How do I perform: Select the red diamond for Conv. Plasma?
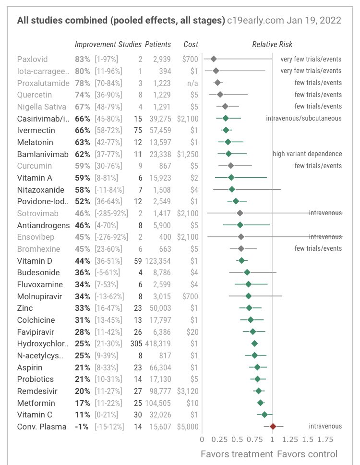[273, 426]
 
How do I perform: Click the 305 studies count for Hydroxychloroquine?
[136, 343]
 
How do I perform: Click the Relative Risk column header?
[272, 45]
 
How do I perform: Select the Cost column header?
[191, 45]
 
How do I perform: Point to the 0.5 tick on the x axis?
[237, 439]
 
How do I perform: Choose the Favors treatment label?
[236, 454]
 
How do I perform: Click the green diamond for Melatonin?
[228, 142]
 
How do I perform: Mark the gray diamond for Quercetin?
[220, 95]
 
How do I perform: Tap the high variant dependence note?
[307, 154]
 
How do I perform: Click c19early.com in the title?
[256, 21]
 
